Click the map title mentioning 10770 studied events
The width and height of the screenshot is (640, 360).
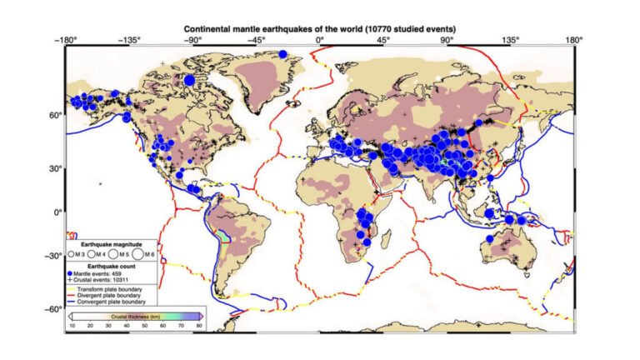tap(319, 29)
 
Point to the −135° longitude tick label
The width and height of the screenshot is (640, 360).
tap(129, 40)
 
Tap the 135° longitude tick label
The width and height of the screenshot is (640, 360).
tap(510, 40)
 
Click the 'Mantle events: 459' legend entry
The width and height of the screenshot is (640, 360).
tap(102, 273)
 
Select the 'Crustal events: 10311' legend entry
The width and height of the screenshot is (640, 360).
tap(106, 280)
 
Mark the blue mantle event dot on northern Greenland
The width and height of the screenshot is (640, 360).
tap(283, 54)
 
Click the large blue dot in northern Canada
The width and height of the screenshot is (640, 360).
tap(189, 80)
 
